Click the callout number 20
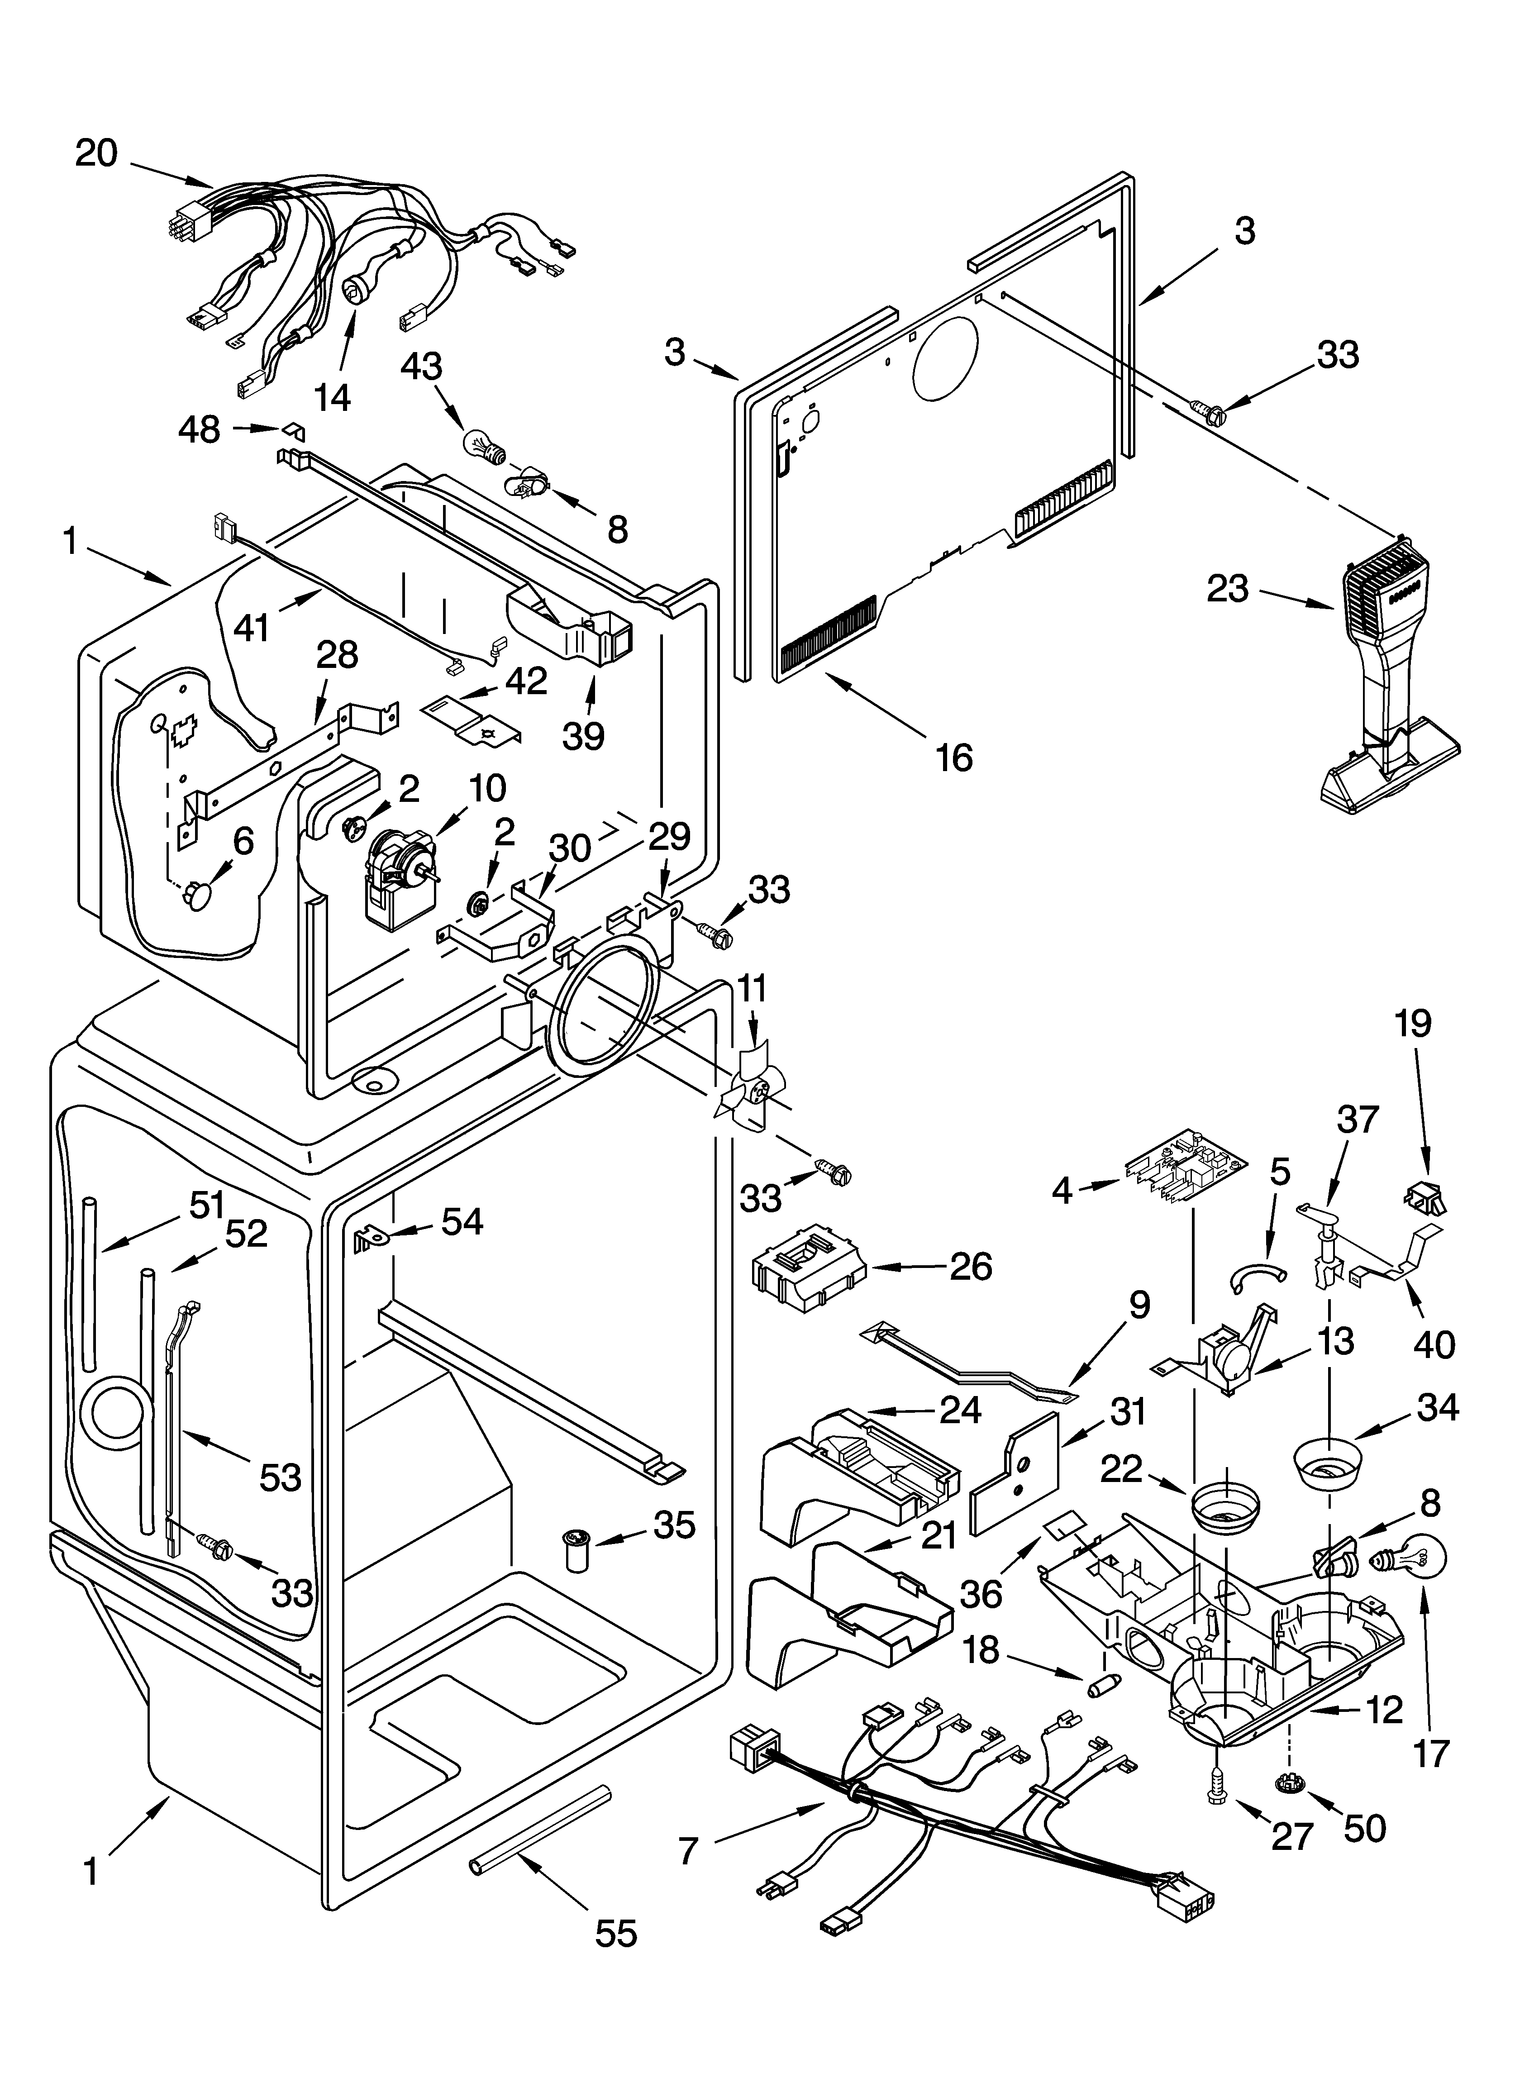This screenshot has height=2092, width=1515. (96, 153)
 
